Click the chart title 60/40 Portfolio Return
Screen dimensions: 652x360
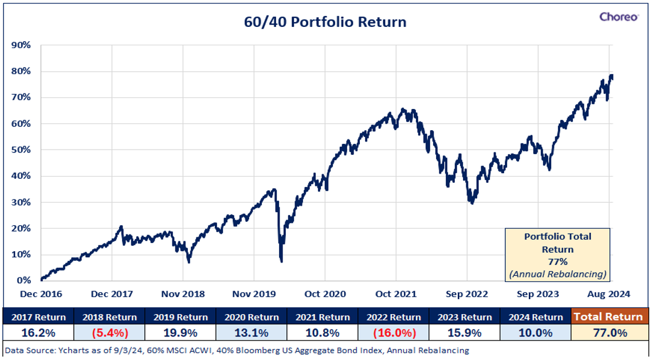coord(325,22)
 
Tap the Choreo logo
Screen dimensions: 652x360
coord(619,17)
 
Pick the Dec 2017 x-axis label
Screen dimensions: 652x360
coord(112,294)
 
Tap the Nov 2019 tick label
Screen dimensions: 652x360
coord(254,294)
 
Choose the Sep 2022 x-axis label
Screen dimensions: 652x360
coord(467,294)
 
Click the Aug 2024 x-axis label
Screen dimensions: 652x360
coord(609,294)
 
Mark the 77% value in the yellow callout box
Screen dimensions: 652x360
coord(557,262)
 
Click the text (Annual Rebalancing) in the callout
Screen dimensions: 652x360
coord(557,274)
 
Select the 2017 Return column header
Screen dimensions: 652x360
coord(38,317)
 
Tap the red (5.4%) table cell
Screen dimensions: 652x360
coord(109,334)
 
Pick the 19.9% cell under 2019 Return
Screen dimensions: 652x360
coord(180,334)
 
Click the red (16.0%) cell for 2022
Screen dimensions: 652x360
coord(394,334)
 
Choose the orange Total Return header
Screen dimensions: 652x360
coord(608,317)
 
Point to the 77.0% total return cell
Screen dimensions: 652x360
coord(608,334)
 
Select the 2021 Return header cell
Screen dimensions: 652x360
coord(323,317)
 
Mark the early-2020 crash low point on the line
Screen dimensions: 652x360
coord(281,261)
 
